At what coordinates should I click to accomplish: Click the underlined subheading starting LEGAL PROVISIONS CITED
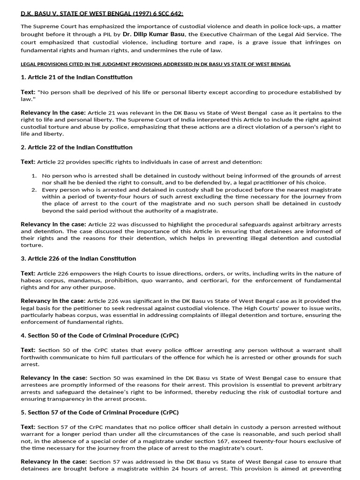pos(156,64)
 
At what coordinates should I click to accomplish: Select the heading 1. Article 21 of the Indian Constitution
pos(76,77)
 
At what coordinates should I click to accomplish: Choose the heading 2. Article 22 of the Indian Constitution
pos(76,148)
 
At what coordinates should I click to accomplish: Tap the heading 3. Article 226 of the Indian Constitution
pos(78,259)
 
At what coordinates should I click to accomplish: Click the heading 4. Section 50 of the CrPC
pos(99,336)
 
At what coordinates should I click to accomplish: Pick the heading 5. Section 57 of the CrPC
pos(99,412)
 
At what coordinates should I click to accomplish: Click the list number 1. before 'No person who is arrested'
pos(34,175)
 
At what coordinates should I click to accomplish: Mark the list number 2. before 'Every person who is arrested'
pos(34,189)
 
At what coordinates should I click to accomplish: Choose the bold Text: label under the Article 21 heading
pos(28,92)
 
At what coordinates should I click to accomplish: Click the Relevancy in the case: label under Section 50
pos(54,378)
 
